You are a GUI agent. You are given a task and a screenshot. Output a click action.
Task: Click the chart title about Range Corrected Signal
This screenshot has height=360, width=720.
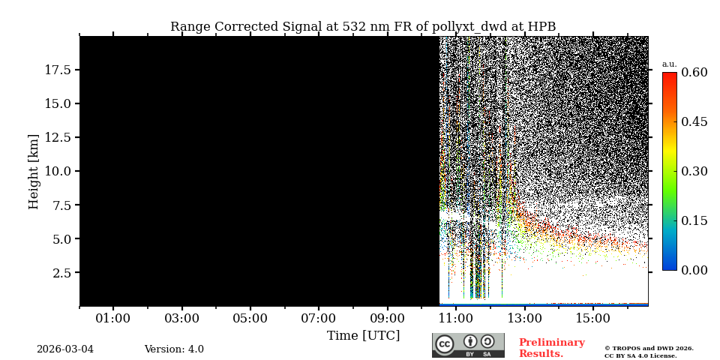coord(363,27)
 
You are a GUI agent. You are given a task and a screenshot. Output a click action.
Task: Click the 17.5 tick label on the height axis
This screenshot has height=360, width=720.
coord(58,70)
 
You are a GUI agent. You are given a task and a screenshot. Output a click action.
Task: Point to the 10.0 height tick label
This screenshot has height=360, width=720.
coord(58,171)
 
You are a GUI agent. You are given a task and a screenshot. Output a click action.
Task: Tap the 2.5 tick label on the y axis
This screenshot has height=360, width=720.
coord(61,273)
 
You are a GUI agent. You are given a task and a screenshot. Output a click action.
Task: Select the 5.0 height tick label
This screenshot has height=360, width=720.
coord(61,239)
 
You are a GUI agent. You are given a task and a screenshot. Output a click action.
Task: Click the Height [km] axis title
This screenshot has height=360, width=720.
coord(34,171)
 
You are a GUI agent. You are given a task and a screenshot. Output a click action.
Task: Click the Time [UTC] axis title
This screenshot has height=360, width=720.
coord(363,335)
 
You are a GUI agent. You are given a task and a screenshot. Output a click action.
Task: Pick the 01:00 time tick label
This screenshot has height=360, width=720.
coord(113,319)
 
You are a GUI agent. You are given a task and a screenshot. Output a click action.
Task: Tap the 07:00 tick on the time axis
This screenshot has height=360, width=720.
coord(319,319)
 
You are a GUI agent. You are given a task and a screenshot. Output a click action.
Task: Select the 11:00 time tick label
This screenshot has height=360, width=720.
coord(456,319)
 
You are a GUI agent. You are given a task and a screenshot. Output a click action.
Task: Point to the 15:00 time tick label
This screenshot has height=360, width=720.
coord(592,319)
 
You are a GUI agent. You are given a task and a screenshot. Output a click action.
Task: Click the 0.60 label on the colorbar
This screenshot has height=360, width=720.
coord(694,73)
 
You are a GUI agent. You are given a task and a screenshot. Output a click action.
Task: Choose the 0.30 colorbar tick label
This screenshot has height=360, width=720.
coord(694,171)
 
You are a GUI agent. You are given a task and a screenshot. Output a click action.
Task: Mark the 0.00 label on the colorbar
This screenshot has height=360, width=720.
coord(694,270)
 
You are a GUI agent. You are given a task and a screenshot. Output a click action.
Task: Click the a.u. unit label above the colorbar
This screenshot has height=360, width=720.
coord(669,64)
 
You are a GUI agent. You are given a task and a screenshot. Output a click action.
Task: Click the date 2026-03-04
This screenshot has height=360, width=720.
coord(65,349)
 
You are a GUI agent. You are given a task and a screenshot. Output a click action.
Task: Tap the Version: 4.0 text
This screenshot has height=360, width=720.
coord(174,349)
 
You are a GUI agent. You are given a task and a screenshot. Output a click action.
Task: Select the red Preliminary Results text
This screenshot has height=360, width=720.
coord(551,348)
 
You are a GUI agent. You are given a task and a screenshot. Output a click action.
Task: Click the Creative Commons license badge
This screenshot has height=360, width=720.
coord(468,346)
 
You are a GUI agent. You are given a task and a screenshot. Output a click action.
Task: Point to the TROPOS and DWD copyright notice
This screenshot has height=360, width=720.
coord(649,352)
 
